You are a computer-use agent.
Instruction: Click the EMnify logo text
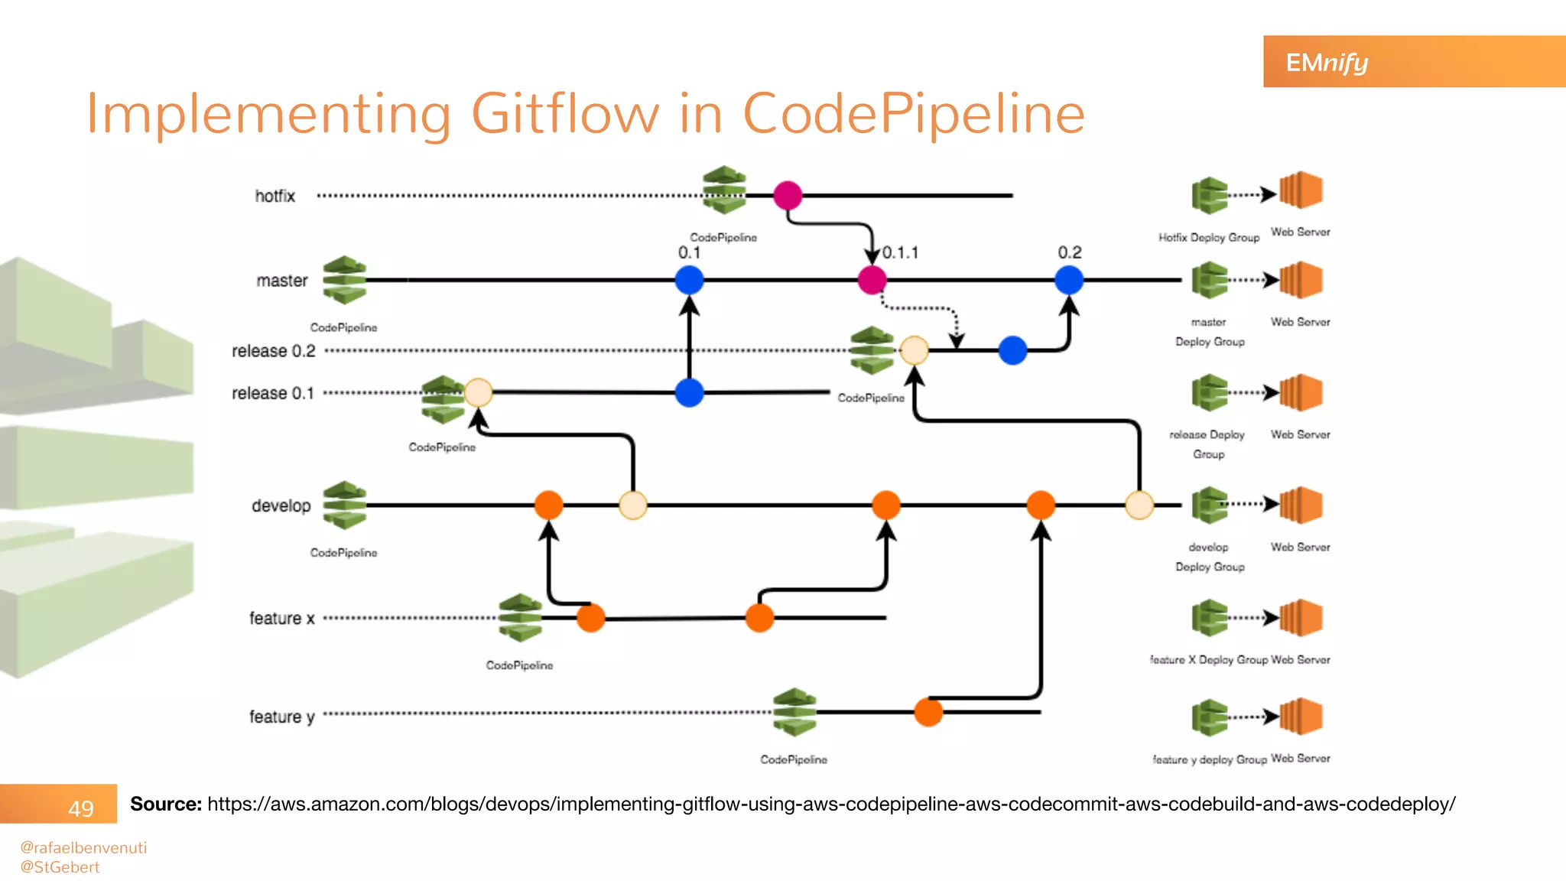click(1327, 62)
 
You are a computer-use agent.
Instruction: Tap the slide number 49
click(81, 808)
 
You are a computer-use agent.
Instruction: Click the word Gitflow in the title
click(565, 113)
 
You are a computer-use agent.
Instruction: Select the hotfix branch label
click(275, 196)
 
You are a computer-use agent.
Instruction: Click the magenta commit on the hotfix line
click(788, 196)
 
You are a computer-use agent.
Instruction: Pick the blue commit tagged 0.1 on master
click(689, 280)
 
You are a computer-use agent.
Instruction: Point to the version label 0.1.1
click(900, 252)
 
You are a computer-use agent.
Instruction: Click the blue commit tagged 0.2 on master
click(1069, 280)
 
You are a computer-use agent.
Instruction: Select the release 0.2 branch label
click(274, 351)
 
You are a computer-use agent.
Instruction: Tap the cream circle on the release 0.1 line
click(479, 392)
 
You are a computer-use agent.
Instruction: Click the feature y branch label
click(281, 717)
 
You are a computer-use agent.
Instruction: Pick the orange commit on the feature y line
click(928, 712)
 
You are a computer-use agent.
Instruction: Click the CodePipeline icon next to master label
click(344, 281)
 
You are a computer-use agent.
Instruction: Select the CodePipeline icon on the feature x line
click(520, 617)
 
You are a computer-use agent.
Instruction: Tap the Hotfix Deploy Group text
click(1208, 238)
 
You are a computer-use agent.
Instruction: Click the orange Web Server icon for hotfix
click(1301, 190)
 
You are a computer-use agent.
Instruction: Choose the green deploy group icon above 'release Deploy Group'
click(1210, 393)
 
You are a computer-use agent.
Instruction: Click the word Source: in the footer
click(166, 804)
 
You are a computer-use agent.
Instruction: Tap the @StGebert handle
click(60, 867)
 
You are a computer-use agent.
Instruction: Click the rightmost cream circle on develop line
click(1139, 506)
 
